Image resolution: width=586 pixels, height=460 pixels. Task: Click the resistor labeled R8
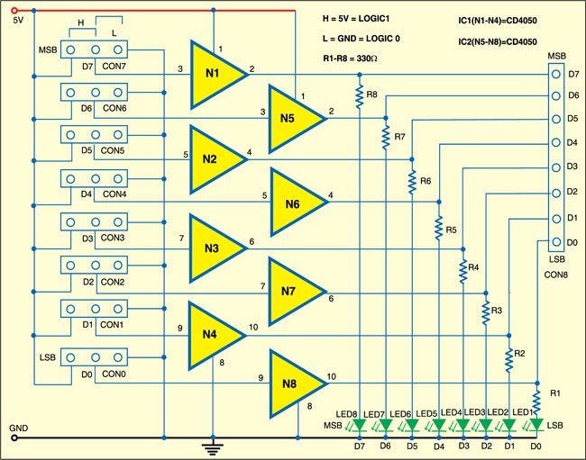pos(360,98)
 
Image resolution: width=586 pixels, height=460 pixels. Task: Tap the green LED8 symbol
pos(359,424)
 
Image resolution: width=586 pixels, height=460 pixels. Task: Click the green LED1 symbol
pos(537,424)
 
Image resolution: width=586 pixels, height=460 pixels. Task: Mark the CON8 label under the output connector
pos(558,272)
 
